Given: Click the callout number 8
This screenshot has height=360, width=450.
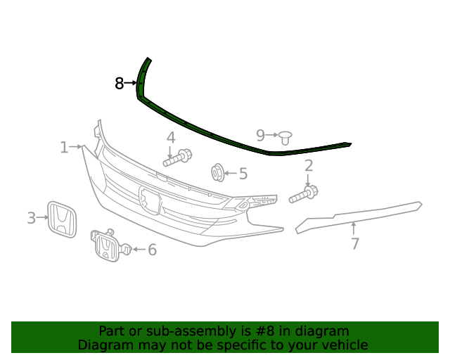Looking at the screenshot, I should point(119,84).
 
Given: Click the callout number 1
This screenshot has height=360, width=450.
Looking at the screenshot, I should point(64,147).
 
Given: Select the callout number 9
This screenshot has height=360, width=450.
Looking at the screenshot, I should point(260,134).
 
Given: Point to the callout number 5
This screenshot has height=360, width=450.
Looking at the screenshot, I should point(243,173).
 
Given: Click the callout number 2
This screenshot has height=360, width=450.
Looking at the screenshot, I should point(308,166).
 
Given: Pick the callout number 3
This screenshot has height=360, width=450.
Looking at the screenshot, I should point(31,218).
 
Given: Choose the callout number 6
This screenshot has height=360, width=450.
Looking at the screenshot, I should point(152,250).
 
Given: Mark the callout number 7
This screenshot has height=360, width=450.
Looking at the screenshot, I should point(355,244).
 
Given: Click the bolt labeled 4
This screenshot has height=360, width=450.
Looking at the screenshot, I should point(178,157).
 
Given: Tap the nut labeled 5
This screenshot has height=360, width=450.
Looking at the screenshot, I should point(218,172).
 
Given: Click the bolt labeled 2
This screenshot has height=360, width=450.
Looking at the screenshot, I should point(304,194).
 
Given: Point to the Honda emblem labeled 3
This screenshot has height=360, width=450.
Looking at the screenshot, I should point(61,219).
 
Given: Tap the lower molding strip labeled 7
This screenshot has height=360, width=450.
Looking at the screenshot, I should point(359,214).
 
